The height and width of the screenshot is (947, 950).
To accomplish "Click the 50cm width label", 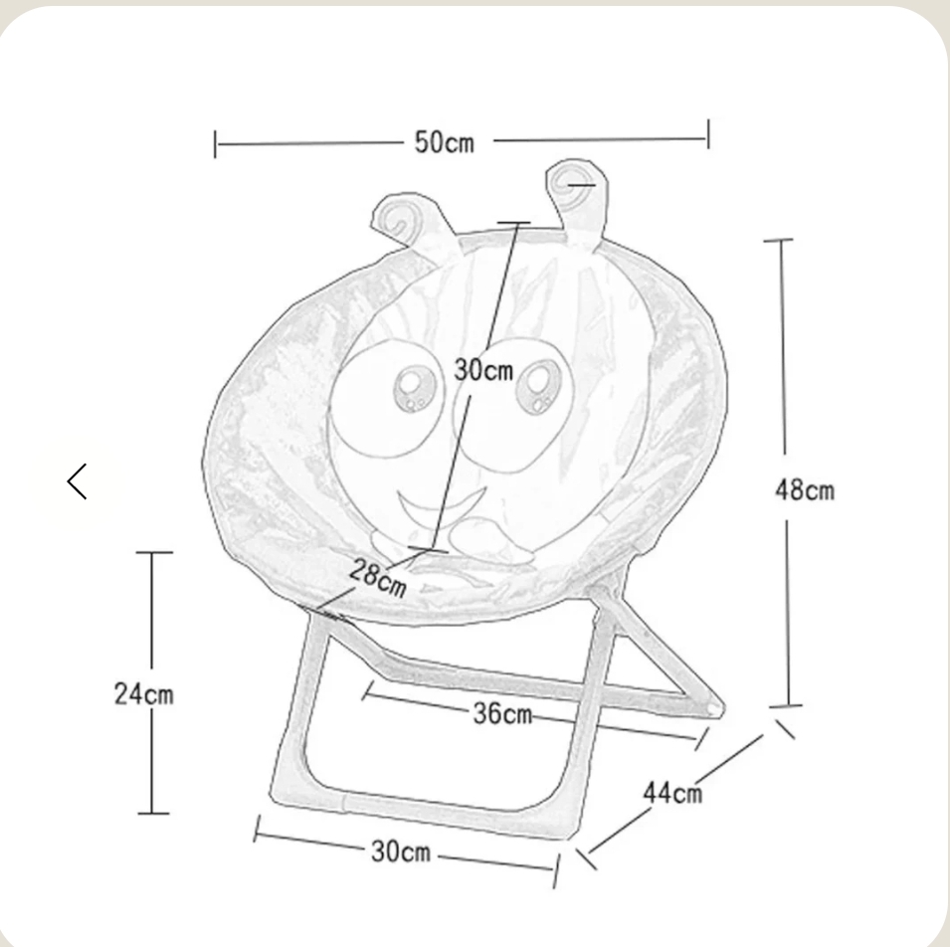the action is click(444, 142).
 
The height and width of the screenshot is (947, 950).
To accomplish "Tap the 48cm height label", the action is click(805, 489).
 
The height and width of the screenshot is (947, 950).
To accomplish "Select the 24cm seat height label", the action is click(143, 693).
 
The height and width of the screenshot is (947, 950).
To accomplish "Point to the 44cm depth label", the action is click(672, 793).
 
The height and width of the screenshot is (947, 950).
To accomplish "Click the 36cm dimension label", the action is click(502, 714).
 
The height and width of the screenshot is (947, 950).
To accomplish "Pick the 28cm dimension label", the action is click(378, 577).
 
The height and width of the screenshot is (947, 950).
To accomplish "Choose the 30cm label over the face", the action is click(483, 370).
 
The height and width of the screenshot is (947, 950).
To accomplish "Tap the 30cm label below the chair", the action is click(401, 852).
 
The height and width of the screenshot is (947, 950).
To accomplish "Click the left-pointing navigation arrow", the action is click(77, 481).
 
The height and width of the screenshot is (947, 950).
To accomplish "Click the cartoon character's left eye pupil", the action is click(415, 388).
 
